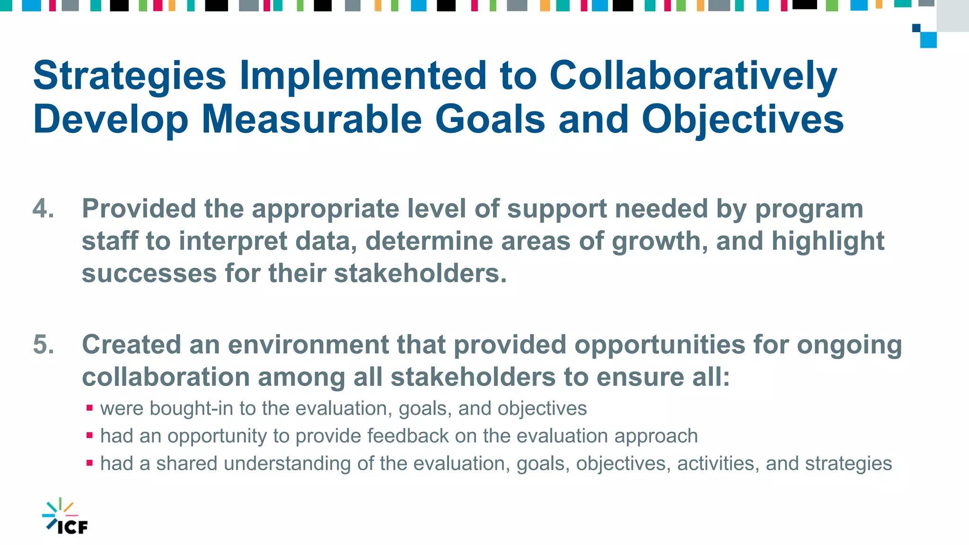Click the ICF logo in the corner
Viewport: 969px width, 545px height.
(x=65, y=517)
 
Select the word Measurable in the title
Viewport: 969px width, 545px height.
(x=311, y=119)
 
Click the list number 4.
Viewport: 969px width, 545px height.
(x=43, y=209)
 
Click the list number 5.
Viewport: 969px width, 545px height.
(x=43, y=344)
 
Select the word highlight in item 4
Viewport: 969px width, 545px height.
(x=828, y=242)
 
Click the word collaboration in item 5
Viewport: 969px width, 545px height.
(x=166, y=378)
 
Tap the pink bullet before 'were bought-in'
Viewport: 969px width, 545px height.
(x=89, y=407)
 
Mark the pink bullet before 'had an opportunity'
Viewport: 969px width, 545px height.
(x=89, y=435)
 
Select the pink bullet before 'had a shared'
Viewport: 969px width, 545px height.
(x=89, y=463)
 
